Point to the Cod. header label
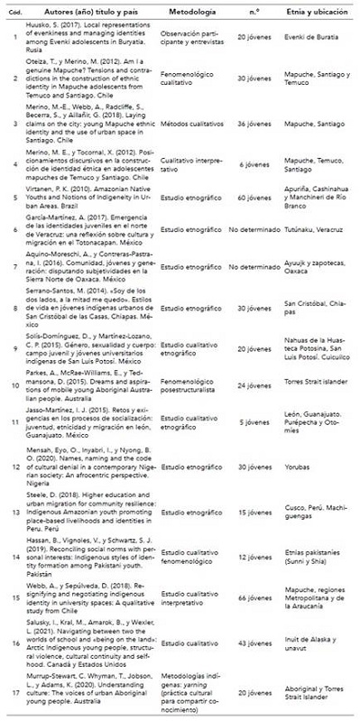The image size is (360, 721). [12, 17]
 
